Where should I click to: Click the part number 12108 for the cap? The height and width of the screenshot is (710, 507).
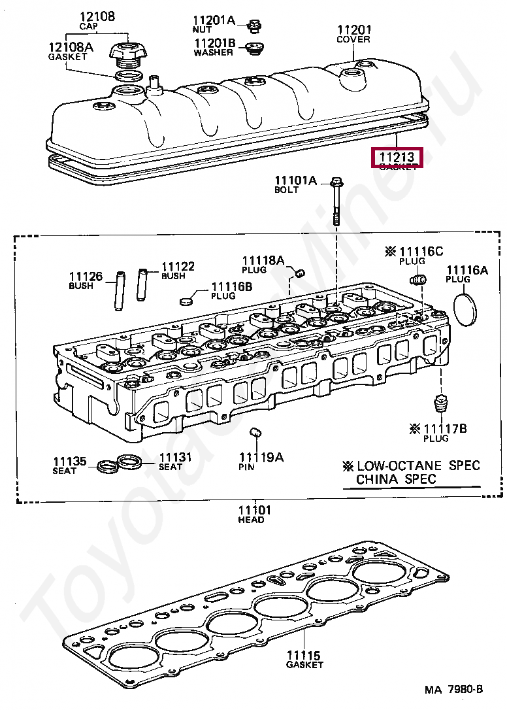(x=96, y=16)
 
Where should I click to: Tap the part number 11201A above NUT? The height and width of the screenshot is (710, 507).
(x=214, y=20)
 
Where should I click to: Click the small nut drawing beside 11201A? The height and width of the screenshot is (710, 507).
(x=254, y=26)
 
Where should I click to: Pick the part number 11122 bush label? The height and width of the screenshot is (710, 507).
(x=177, y=266)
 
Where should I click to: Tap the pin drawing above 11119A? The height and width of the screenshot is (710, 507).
(x=257, y=434)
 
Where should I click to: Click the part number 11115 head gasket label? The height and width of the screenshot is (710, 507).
(x=303, y=654)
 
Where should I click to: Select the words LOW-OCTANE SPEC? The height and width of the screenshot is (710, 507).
(x=418, y=465)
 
